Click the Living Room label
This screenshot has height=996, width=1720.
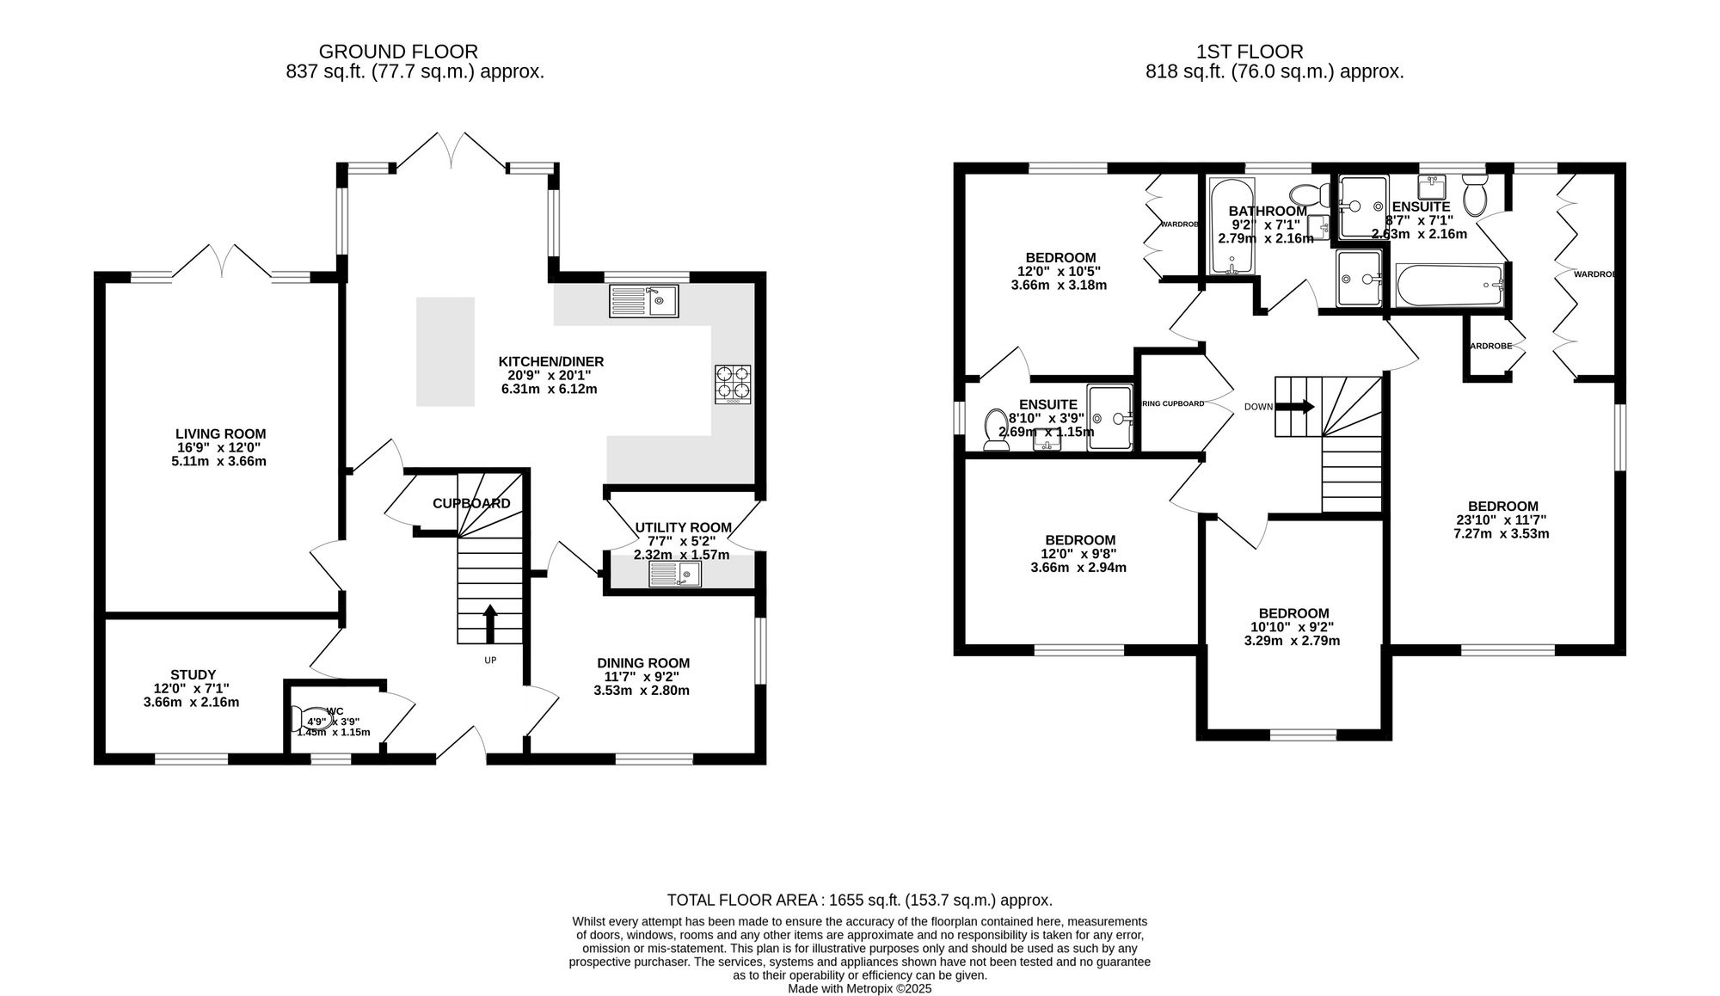[220, 434]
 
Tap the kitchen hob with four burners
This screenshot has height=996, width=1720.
[733, 384]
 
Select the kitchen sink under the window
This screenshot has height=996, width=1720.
[644, 301]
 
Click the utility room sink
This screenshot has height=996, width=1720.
[675, 574]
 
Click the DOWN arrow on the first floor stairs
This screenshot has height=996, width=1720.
[1295, 407]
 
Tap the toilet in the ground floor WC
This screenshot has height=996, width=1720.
[308, 718]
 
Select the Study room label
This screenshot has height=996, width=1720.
[193, 675]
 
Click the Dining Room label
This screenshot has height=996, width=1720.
[643, 663]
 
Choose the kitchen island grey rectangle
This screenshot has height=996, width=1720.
[445, 351]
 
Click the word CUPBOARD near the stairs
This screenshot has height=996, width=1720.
[471, 504]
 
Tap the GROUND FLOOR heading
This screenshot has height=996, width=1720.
[398, 52]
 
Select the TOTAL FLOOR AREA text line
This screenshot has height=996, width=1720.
[859, 901]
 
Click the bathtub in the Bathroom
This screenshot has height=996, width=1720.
[1232, 225]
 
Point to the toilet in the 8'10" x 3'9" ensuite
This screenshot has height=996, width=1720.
[996, 428]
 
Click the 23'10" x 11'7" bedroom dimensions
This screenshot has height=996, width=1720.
[1502, 520]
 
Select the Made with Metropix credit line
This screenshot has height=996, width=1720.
[859, 989]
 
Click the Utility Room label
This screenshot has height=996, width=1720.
[683, 527]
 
